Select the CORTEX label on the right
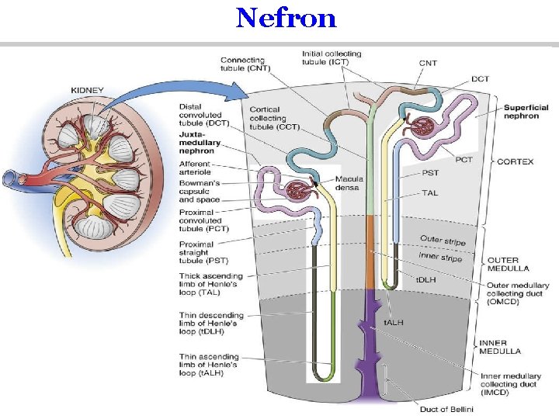click(515, 161)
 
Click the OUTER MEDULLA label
click(507, 264)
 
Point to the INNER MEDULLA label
click(502, 346)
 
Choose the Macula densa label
click(349, 182)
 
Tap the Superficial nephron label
click(526, 112)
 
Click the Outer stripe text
click(443, 241)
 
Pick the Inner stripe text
click(440, 256)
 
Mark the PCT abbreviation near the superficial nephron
click(464, 160)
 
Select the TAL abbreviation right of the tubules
click(430, 192)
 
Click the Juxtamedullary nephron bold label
click(200, 140)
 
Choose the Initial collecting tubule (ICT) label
click(331, 58)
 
